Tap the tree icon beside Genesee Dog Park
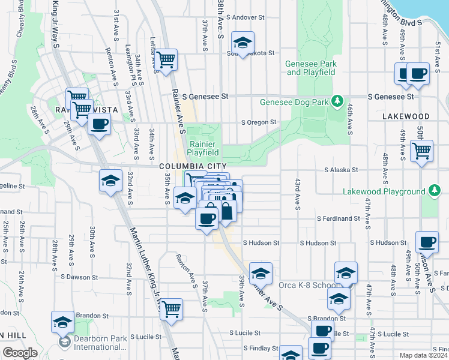[x=338, y=101]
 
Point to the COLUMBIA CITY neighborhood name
[x=193, y=166]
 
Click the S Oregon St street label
[x=258, y=122]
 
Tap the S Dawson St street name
[x=79, y=277]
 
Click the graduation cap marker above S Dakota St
[x=243, y=43]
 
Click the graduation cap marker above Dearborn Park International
[x=62, y=322]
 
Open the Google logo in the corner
[x=20, y=352]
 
